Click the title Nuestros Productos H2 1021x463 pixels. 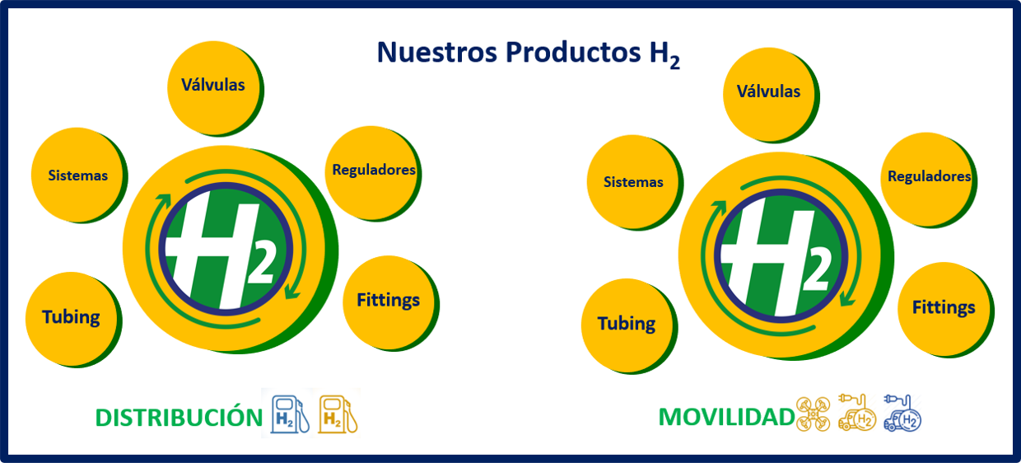tap(529, 54)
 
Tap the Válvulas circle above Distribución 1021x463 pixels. tap(215, 88)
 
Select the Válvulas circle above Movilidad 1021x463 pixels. tap(772, 95)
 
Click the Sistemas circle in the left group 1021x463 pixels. tap(79, 175)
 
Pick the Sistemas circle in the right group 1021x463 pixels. tap(635, 182)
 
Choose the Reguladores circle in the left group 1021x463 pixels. tap(373, 174)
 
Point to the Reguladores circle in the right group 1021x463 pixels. tap(929, 180)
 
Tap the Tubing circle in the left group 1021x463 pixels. tap(74, 320)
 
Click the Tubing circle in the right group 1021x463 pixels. tap(629, 326)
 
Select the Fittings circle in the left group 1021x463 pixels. tap(391, 303)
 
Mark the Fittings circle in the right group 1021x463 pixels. tap(946, 310)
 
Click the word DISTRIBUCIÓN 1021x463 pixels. tap(179, 417)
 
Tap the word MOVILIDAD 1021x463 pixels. tap(727, 417)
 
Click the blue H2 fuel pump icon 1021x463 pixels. tap(290, 414)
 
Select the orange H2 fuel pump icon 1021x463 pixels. tap(338, 414)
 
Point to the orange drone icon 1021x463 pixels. tap(814, 414)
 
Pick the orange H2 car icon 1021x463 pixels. tap(857, 413)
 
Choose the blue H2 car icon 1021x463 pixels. tap(902, 413)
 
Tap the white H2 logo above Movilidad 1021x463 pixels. tap(777, 256)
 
